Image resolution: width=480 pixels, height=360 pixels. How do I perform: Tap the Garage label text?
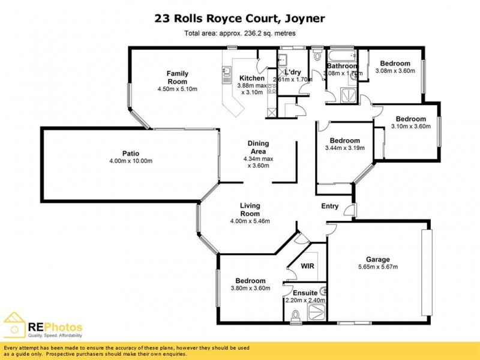(378, 259)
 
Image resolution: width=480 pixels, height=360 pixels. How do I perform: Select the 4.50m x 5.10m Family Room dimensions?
(177, 89)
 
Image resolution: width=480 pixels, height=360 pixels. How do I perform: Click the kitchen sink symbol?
(227, 74)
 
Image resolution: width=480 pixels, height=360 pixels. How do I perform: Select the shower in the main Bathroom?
(347, 96)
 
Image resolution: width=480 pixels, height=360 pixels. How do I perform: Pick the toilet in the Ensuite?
(294, 315)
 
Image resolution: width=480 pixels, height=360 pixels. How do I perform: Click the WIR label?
(307, 266)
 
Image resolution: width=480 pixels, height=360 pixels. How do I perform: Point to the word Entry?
(330, 206)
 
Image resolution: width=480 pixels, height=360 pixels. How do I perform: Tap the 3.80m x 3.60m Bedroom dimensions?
(250, 289)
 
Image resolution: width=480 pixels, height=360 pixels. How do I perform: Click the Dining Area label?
(258, 148)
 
